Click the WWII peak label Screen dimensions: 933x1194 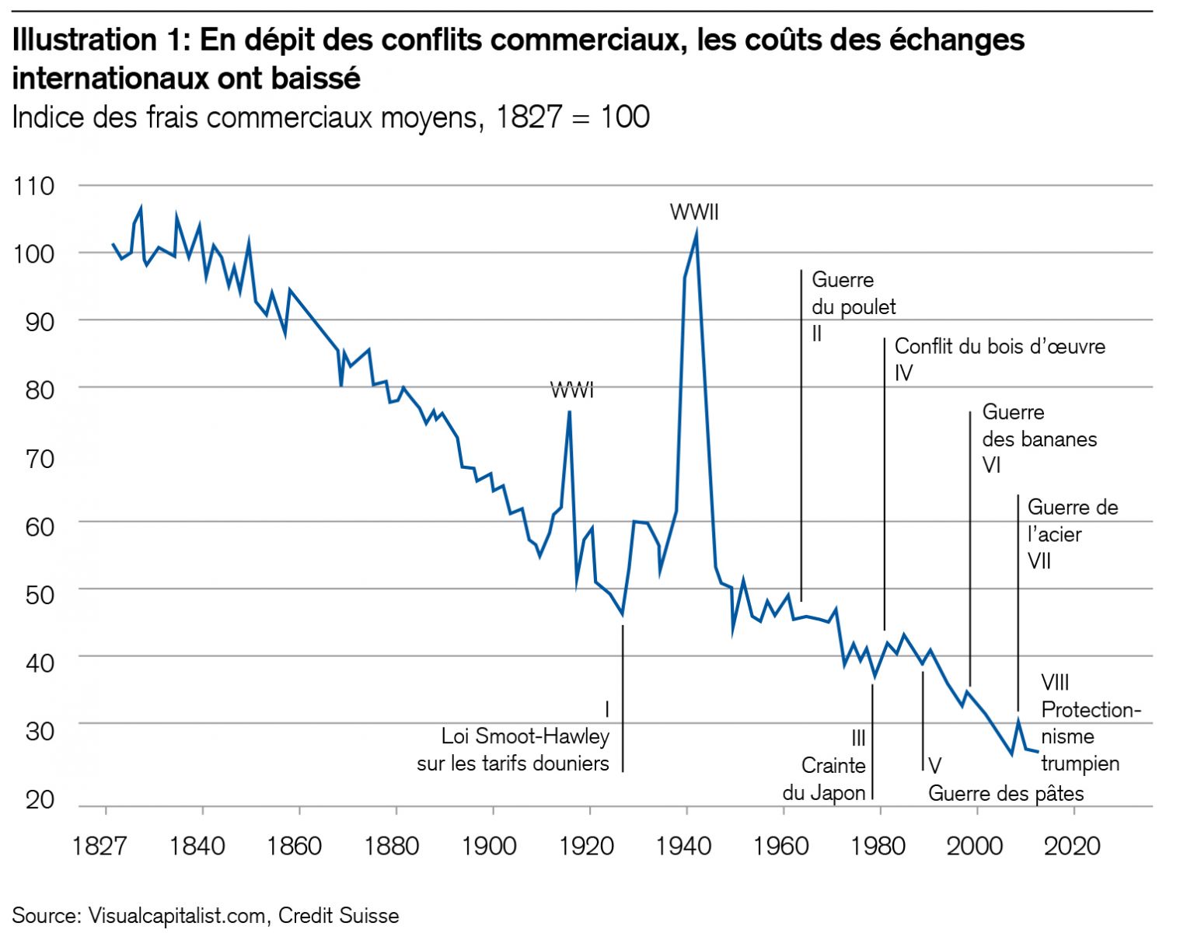pos(694,212)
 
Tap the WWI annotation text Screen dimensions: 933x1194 pos(571,390)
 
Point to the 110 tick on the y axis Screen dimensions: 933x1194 pos(34,186)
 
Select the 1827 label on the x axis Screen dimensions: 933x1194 pos(99,845)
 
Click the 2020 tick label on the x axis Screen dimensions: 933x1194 pos(1073,845)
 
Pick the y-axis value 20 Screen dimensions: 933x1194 pos(39,800)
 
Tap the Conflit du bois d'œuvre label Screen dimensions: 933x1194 pos(1000,347)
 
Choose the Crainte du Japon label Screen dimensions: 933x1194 pos(825,779)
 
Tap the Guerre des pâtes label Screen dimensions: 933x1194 pos(1006,793)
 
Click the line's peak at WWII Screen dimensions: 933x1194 pos(696,232)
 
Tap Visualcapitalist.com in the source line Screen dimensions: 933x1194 pos(176,915)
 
